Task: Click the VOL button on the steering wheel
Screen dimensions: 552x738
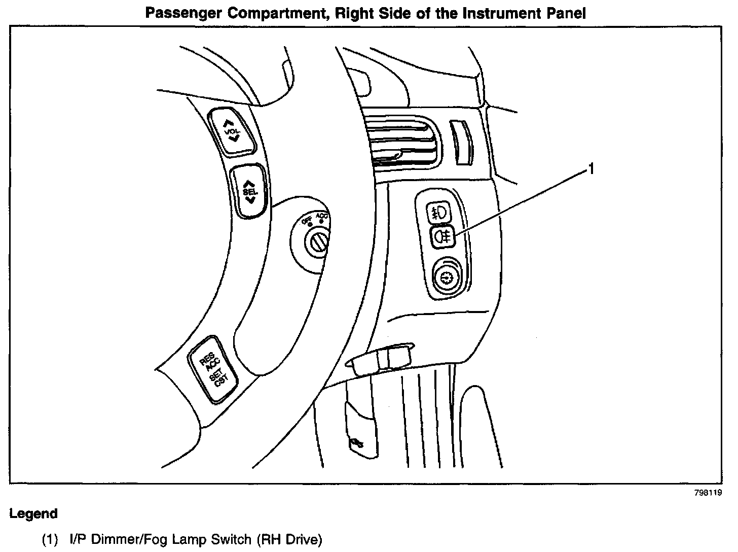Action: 233,131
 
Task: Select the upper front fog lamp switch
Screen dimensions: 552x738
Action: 438,213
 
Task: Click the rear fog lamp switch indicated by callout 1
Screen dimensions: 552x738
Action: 443,236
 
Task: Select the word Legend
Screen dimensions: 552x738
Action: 33,513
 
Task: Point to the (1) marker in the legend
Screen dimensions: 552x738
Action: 51,540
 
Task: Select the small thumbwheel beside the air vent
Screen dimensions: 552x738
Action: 462,142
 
